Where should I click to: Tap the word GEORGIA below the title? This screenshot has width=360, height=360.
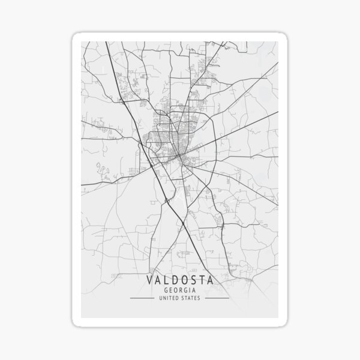(179, 290)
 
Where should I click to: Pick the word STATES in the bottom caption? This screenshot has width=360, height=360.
(192, 298)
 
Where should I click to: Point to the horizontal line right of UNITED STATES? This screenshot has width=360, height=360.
(217, 298)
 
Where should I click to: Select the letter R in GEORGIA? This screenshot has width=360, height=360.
(181, 290)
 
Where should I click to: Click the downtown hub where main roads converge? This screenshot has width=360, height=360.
(179, 157)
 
